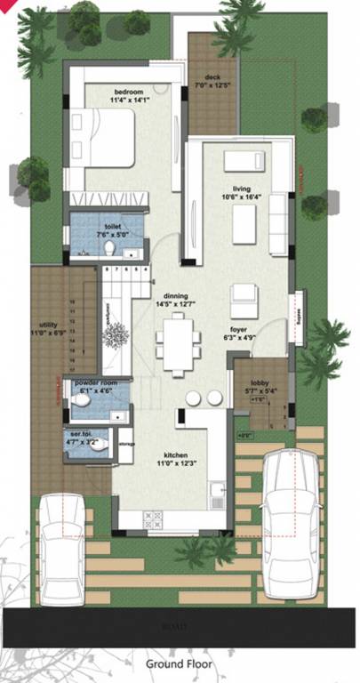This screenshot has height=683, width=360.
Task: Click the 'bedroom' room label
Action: pyautogui.click(x=130, y=91)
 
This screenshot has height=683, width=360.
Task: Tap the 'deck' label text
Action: pyautogui.click(x=212, y=77)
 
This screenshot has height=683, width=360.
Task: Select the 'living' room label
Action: pyautogui.click(x=242, y=188)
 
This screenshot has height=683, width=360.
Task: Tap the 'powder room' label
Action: pyautogui.click(x=95, y=380)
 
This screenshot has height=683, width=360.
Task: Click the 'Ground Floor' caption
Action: pyautogui.click(x=180, y=663)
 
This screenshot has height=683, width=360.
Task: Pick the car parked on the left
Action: pyautogui.click(x=60, y=547)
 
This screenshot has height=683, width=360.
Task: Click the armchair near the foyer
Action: pyautogui.click(x=243, y=295)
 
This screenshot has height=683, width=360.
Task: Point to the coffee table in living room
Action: pyautogui.click(x=245, y=226)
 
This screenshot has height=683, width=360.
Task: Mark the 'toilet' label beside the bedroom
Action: pyautogui.click(x=112, y=226)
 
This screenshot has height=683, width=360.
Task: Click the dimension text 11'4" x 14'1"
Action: pyautogui.click(x=130, y=100)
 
